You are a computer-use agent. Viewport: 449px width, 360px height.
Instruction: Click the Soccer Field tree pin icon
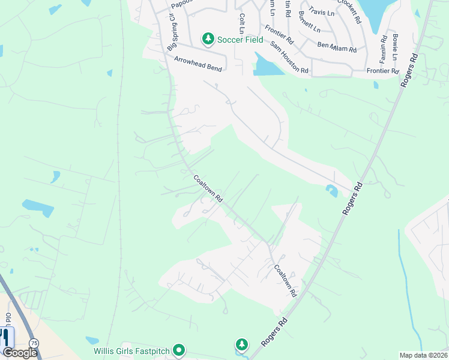point(208,39)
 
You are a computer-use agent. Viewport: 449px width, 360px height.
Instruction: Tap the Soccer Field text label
point(240,40)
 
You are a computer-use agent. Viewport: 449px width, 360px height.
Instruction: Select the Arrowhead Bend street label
point(198,64)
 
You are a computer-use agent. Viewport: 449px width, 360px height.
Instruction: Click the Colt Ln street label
point(242,23)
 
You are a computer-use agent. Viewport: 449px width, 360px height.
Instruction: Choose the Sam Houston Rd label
point(289,58)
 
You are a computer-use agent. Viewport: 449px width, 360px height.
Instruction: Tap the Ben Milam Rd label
point(337,47)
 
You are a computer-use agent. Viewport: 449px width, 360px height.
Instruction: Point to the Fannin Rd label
point(383,46)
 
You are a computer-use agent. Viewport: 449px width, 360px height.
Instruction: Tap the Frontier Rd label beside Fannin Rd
point(382,71)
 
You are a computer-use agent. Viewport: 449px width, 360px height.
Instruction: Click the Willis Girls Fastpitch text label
point(131,350)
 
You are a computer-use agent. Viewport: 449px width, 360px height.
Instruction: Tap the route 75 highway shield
point(34,342)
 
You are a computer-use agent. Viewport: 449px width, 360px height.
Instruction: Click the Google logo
point(20,352)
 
